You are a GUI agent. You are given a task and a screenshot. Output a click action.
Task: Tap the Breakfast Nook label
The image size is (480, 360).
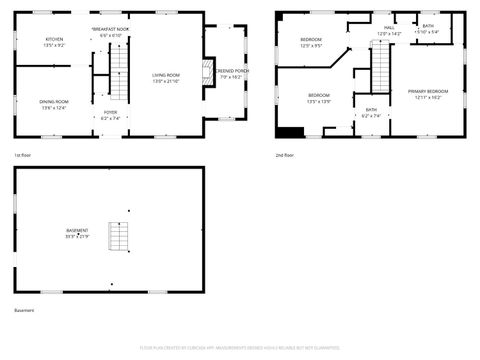click(x=110, y=33)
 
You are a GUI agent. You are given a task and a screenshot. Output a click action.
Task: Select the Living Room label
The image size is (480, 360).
click(x=166, y=78)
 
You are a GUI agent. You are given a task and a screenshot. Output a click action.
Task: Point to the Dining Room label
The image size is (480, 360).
click(x=54, y=104)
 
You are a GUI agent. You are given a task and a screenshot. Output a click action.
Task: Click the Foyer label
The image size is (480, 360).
click(x=110, y=115)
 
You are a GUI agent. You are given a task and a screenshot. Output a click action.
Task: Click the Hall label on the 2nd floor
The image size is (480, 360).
click(x=389, y=30)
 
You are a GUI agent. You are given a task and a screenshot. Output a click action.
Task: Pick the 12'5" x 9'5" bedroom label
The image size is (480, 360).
click(x=311, y=42)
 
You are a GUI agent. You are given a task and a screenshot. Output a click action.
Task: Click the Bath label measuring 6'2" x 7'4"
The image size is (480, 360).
click(x=371, y=112)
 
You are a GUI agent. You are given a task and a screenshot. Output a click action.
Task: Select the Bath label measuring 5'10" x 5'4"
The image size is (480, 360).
click(x=428, y=28)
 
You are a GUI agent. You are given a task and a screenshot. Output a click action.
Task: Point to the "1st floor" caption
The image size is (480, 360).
click(x=22, y=156)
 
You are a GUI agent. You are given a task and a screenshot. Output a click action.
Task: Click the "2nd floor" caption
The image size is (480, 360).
click(x=285, y=156)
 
